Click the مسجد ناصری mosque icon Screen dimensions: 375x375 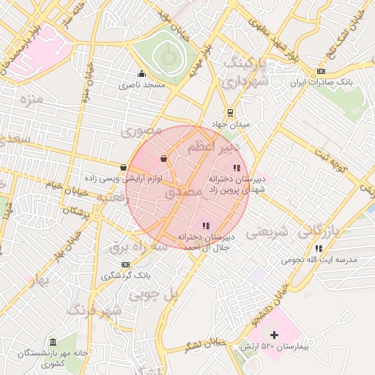(141, 74)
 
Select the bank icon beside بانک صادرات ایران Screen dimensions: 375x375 (321, 71)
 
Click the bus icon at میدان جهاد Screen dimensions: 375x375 (231, 113)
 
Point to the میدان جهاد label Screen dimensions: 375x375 (231, 125)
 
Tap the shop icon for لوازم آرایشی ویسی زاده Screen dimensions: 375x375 (123, 168)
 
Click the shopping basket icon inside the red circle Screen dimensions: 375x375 (163, 157)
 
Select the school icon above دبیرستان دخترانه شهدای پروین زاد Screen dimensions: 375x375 (235, 168)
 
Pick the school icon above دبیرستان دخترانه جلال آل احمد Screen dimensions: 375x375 (206, 226)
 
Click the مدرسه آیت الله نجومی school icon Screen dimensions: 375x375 (319, 248)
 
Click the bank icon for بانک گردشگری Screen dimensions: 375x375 (126, 264)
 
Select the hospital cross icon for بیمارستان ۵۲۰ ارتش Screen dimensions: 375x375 (275, 335)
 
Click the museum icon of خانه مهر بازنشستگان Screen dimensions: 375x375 (53, 342)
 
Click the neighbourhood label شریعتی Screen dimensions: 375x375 (267, 233)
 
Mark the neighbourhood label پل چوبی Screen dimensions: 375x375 (155, 294)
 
